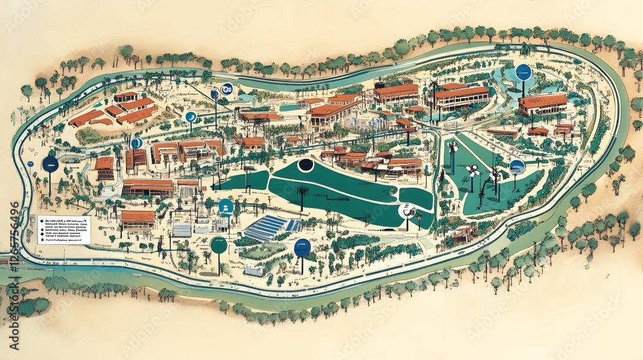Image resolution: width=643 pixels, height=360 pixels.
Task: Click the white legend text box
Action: [x=64, y=229]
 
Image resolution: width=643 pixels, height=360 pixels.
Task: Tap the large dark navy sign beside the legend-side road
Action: [x=50, y=164]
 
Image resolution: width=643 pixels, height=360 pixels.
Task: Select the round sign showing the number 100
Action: [x=226, y=89]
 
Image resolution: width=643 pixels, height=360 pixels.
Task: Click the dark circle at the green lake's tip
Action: [x=305, y=165]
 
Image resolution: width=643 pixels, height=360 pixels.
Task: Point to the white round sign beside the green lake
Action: [x=406, y=210]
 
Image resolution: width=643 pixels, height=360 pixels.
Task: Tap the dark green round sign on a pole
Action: [x=219, y=245]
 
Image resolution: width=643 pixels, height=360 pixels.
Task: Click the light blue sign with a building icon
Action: [x=226, y=206]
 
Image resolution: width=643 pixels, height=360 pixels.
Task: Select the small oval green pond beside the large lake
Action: [x=415, y=197]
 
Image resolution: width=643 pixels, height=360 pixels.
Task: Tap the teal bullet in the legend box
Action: [x=41, y=221]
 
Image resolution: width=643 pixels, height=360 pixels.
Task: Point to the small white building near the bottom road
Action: [x=253, y=270]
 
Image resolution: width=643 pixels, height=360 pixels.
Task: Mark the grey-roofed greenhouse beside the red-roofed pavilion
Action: [x=183, y=229]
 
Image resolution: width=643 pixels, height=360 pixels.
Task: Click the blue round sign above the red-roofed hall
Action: [x=523, y=72]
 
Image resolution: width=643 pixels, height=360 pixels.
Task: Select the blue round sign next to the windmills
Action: [x=517, y=166]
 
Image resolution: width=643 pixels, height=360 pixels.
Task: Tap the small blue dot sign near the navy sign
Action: [x=30, y=164]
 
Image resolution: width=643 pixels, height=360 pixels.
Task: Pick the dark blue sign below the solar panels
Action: [x=302, y=248]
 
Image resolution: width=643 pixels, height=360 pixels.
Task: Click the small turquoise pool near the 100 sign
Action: [x=246, y=98]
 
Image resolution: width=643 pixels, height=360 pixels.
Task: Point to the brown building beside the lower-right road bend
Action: [x=465, y=233]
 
